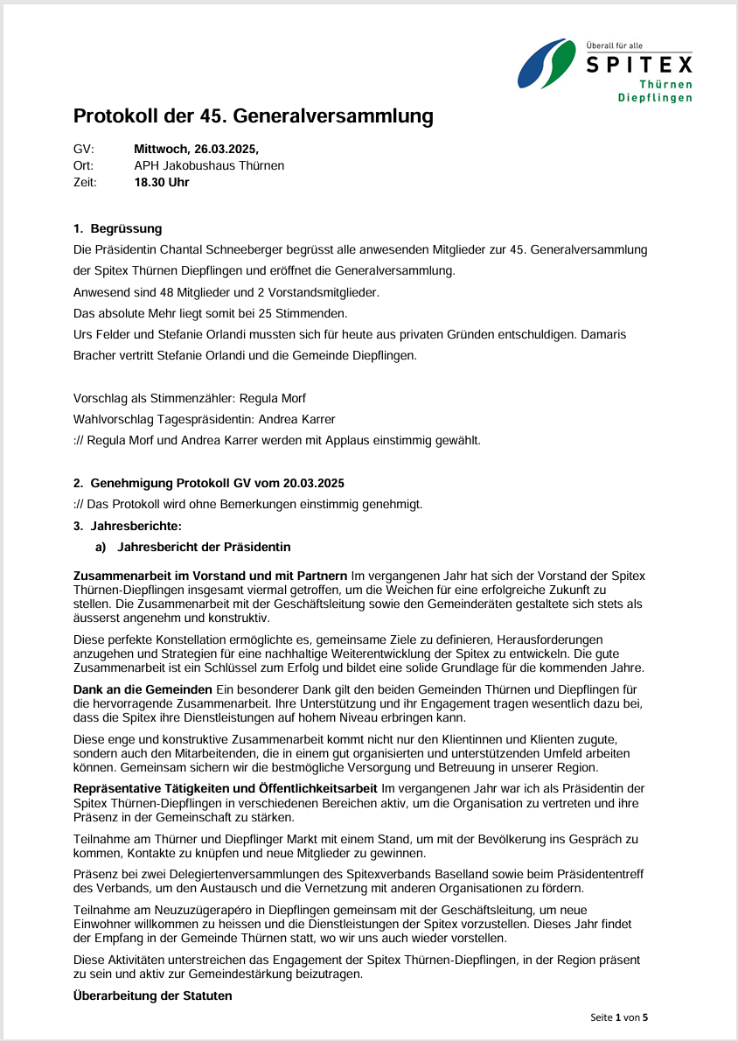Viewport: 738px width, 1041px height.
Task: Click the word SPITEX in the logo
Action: tap(638, 65)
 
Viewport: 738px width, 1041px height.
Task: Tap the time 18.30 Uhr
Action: tap(162, 182)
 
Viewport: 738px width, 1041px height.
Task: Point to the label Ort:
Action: tap(84, 165)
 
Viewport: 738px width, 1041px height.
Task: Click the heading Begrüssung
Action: tap(126, 229)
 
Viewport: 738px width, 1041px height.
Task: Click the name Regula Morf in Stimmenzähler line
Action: tap(273, 398)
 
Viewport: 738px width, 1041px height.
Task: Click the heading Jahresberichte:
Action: tap(136, 526)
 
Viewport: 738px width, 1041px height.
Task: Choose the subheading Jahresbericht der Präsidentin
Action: tap(204, 547)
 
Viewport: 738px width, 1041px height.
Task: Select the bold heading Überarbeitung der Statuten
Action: tap(153, 996)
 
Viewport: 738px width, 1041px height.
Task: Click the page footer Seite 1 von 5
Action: tap(619, 1017)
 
